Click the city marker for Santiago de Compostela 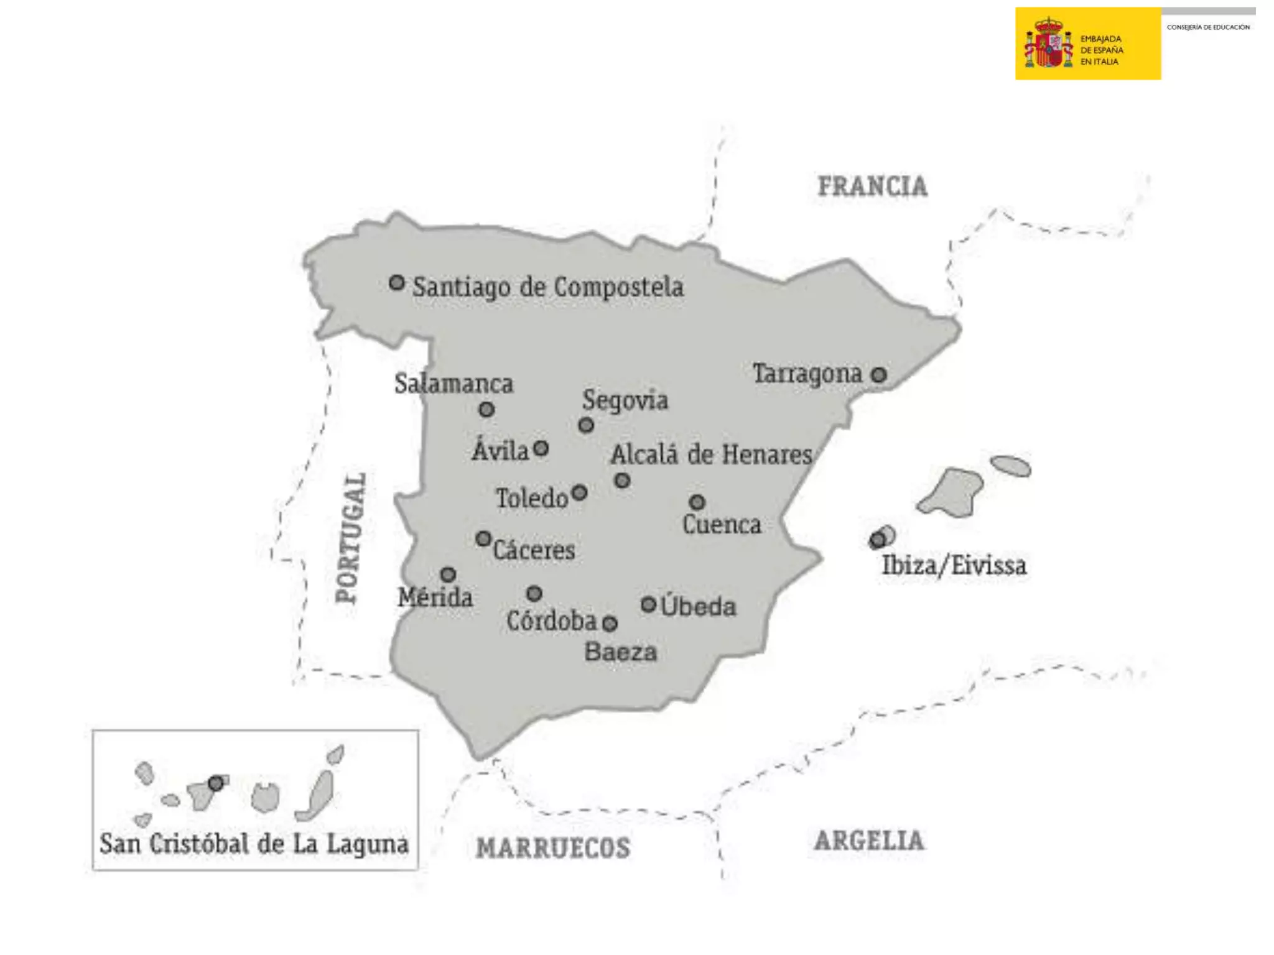tap(397, 283)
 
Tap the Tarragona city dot tap(878, 375)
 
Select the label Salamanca tap(453, 384)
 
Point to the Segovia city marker tap(586, 425)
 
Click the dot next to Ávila tap(541, 448)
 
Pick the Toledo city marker tap(579, 493)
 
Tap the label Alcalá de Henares tap(711, 454)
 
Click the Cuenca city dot tap(697, 502)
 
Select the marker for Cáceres tap(483, 538)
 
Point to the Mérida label tap(435, 597)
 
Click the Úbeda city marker tap(648, 604)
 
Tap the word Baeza tap(620, 652)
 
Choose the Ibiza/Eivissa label tap(954, 565)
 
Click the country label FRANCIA tap(872, 187)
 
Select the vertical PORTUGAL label tap(350, 538)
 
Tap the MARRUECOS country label tap(553, 847)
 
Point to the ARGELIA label tap(869, 841)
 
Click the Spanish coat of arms tap(1048, 44)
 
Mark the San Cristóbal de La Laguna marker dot tap(216, 783)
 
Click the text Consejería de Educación tap(1208, 27)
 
